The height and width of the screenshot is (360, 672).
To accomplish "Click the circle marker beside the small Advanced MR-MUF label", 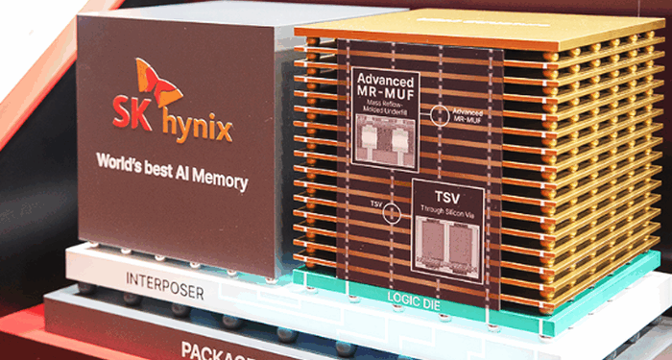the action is (x=438, y=114).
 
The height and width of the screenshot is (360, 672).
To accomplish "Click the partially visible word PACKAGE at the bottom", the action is (x=212, y=348).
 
